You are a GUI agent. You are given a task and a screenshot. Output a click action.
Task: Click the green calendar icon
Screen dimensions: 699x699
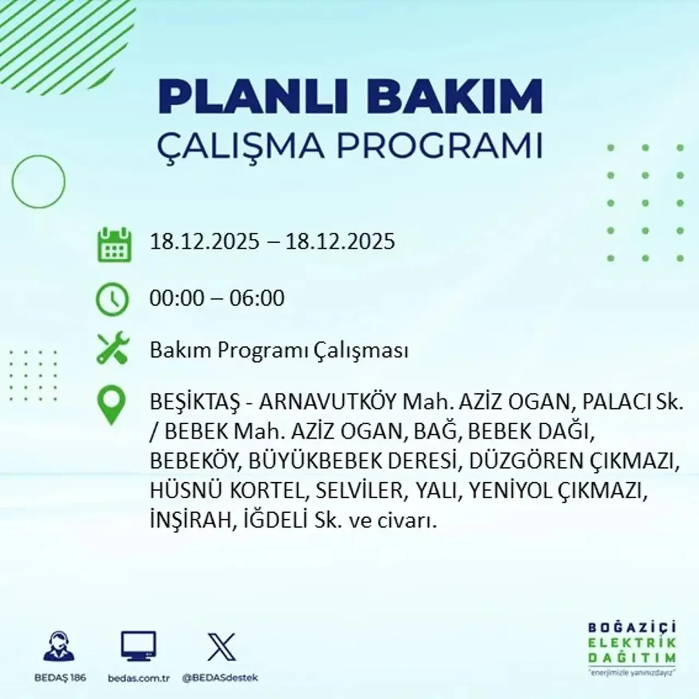[114, 245]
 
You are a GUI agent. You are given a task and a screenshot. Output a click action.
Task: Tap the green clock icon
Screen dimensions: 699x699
[112, 300]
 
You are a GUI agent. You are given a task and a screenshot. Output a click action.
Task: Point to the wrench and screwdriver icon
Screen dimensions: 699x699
[112, 349]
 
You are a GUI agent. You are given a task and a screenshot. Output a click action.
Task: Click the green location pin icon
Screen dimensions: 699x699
[111, 406]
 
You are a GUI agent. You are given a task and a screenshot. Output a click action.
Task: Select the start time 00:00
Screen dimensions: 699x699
[176, 298]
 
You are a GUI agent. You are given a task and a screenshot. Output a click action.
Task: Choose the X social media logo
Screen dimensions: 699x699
[221, 647]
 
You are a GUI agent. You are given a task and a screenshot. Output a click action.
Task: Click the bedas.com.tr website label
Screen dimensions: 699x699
[139, 678]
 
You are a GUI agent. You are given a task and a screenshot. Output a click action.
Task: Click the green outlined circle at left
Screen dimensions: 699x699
[38, 182]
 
